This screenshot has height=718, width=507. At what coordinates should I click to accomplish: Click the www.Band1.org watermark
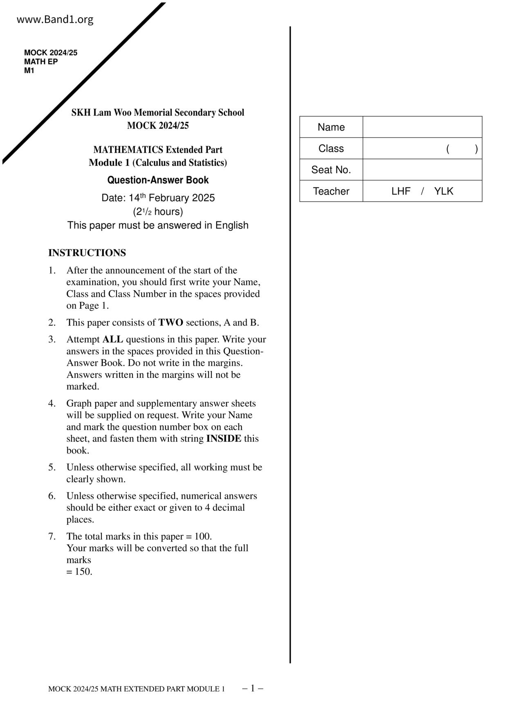[55, 20]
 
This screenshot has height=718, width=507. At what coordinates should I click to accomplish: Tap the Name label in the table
[331, 127]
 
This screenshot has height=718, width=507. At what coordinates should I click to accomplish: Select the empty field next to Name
[422, 127]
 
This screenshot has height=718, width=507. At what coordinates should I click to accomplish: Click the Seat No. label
[331, 170]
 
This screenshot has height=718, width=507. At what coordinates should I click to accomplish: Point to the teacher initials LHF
[401, 191]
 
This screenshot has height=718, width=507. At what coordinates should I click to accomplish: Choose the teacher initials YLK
[444, 191]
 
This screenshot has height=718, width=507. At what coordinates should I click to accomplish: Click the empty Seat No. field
[422, 170]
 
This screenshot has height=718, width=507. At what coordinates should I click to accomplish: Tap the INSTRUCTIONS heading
[87, 253]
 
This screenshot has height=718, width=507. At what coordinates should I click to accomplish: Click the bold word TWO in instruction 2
[170, 323]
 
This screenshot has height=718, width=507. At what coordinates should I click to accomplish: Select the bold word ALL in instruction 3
[112, 339]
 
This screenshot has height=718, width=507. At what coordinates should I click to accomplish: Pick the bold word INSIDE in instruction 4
[223, 439]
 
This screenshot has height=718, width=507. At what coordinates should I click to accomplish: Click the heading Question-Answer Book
[158, 180]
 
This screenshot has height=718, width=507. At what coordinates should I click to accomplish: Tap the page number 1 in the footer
[253, 689]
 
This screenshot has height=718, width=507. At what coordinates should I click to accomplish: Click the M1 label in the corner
[29, 71]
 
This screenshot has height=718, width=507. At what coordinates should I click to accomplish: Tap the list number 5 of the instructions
[52, 467]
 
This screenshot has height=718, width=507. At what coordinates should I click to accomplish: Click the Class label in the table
[331, 149]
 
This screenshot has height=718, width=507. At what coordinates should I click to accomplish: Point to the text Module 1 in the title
[109, 163]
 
